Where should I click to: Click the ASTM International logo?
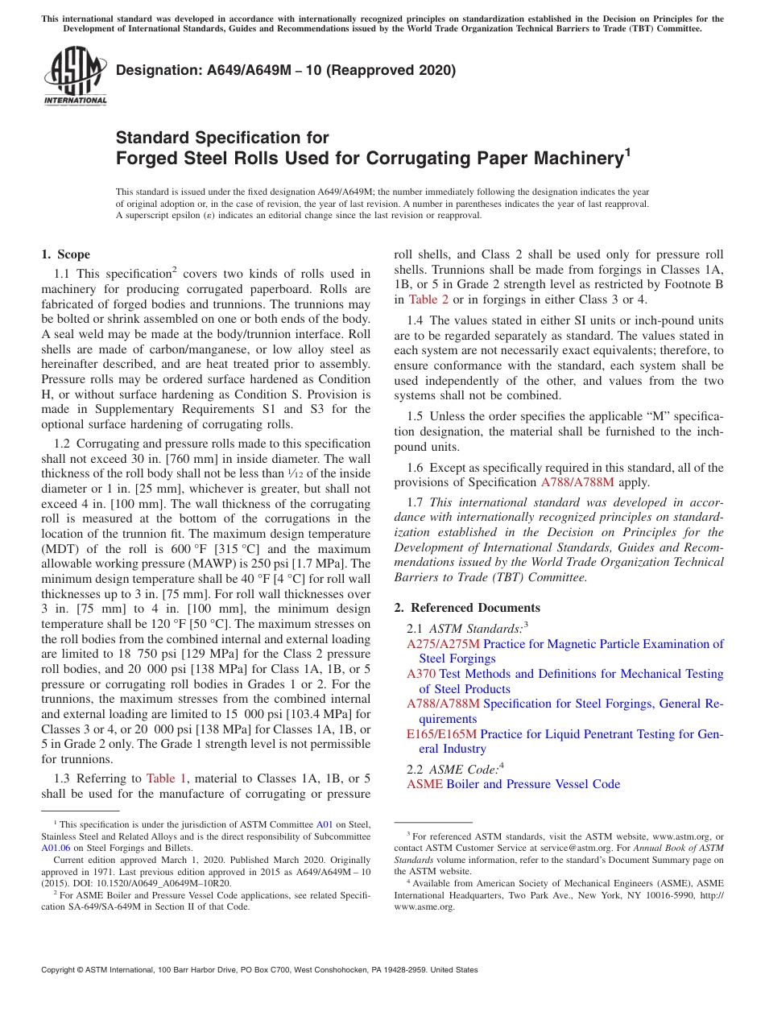pyautogui.click(x=75, y=76)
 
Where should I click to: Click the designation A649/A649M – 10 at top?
pyautogui.click(x=286, y=70)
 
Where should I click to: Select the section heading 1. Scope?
pyautogui.click(x=65, y=254)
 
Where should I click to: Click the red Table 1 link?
pyautogui.click(x=166, y=778)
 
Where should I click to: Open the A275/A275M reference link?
pyautogui.click(x=443, y=644)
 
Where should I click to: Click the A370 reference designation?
pyautogui.click(x=421, y=674)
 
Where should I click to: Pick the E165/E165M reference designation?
pyautogui.click(x=442, y=733)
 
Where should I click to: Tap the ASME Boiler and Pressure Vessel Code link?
pyautogui.click(x=513, y=784)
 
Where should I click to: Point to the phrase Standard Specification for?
pyautogui.click(x=222, y=138)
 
